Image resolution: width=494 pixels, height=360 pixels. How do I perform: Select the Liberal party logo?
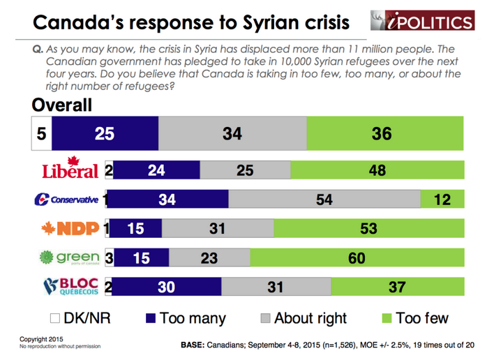point(70,170)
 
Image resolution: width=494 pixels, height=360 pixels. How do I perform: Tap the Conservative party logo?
point(66,200)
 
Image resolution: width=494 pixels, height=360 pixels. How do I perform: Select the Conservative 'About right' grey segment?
point(324,200)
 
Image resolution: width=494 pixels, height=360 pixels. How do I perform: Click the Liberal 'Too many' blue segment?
point(156,170)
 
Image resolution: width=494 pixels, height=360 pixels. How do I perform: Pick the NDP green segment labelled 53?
point(368,228)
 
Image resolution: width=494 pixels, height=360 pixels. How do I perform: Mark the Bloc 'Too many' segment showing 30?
point(167,287)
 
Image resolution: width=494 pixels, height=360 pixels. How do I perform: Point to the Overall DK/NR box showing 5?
point(41,133)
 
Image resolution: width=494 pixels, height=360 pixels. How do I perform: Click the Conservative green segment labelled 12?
point(442,200)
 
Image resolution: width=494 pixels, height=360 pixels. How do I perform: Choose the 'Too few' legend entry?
point(411,318)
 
